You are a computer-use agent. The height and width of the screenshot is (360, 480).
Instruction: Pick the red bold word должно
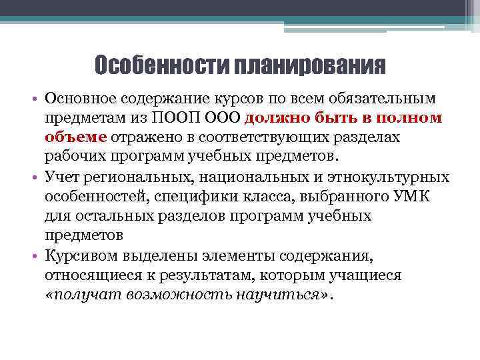(277, 118)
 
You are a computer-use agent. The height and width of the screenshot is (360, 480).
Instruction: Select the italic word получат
(79, 294)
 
